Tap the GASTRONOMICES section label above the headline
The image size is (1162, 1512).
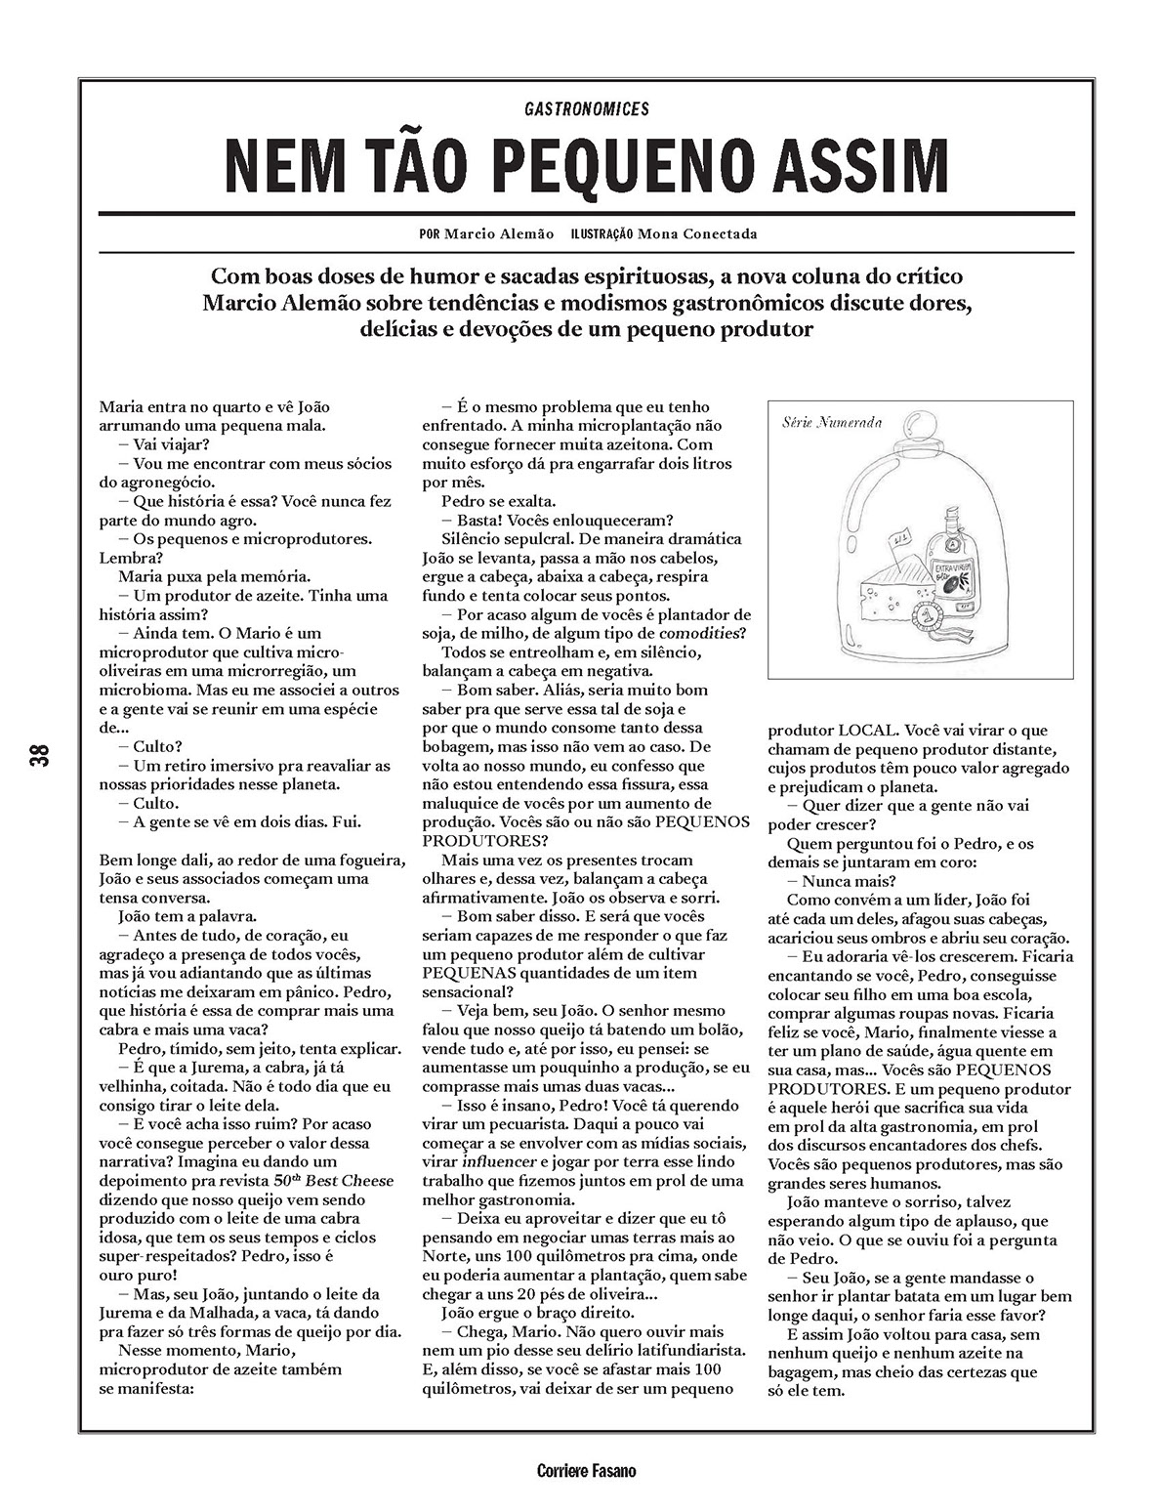(x=586, y=109)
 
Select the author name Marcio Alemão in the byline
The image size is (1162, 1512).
(x=498, y=234)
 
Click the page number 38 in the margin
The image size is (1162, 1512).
(x=40, y=755)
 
